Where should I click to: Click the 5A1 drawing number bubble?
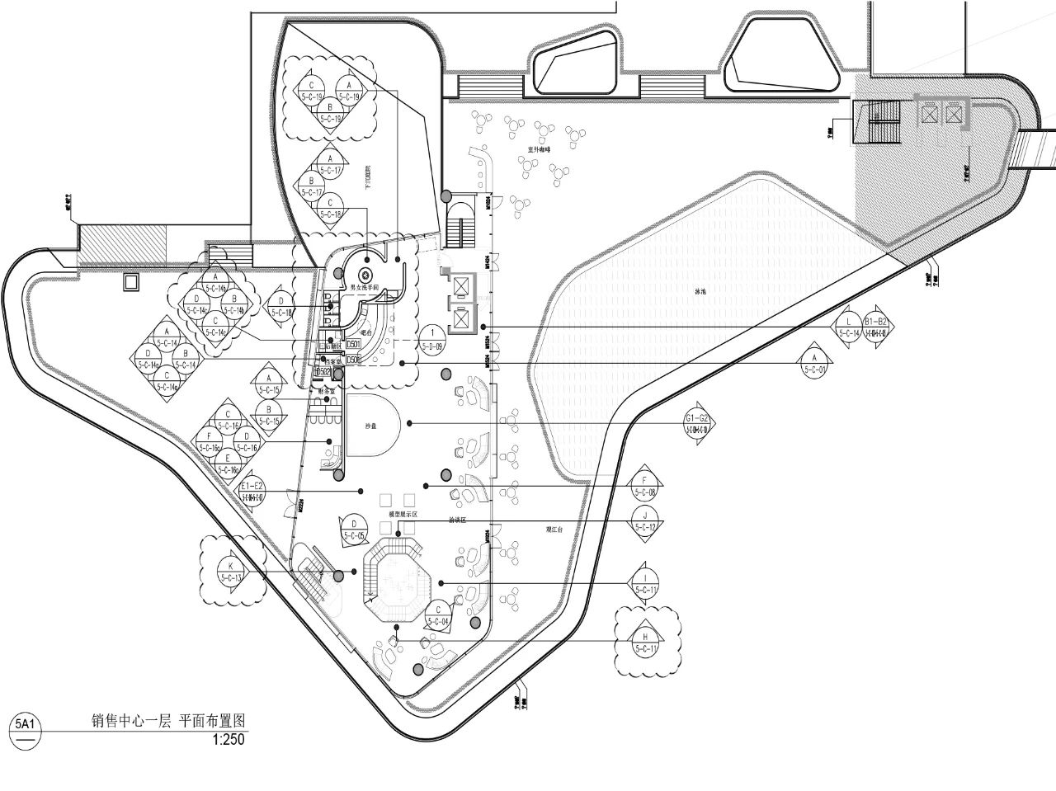[x=25, y=725]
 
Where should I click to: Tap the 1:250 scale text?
[x=229, y=740]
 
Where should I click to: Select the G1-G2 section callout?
[x=698, y=422]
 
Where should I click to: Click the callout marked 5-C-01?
[x=813, y=364]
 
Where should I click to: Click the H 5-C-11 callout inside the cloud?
[x=646, y=642]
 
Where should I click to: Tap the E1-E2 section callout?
[x=251, y=491]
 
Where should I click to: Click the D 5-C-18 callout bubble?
[x=281, y=307]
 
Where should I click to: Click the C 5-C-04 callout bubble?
[x=438, y=614]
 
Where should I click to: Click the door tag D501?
[x=353, y=342]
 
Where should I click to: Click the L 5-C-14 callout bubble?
[x=849, y=327]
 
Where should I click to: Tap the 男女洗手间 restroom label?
[x=365, y=288]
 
